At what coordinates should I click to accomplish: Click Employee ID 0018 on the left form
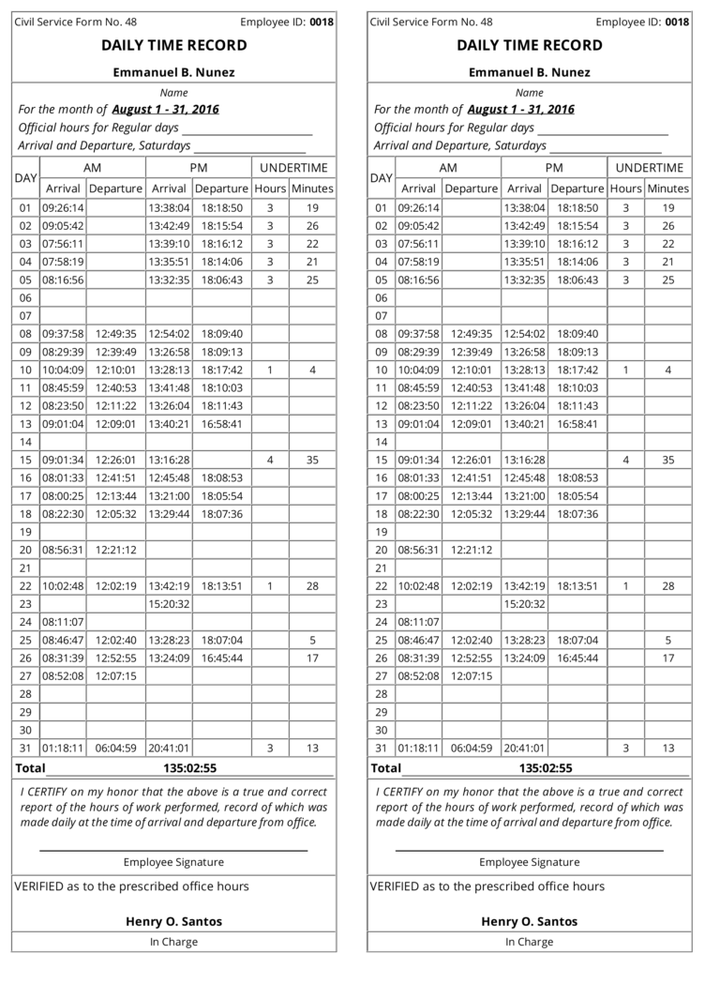click(322, 22)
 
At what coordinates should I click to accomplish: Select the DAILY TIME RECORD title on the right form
click(530, 45)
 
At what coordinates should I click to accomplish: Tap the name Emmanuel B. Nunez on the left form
click(174, 72)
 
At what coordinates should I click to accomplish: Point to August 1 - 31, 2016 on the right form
click(521, 109)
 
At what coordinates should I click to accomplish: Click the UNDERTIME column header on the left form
click(293, 168)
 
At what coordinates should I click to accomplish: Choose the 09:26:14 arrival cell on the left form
click(63, 208)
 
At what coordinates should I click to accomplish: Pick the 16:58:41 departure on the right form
click(577, 424)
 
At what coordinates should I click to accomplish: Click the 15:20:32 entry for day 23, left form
click(169, 604)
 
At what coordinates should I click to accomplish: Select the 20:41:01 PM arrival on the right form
click(524, 749)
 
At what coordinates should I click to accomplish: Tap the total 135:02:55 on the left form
click(190, 768)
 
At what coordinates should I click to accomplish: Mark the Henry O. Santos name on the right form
click(530, 921)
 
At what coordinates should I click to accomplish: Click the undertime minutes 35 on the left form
click(312, 461)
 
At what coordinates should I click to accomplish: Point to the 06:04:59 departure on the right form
click(472, 749)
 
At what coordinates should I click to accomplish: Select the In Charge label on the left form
click(174, 942)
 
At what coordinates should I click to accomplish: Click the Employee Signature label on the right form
click(530, 862)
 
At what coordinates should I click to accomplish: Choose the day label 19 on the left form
click(25, 532)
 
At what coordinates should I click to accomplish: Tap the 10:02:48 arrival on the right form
click(418, 586)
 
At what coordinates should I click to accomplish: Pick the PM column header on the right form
click(554, 168)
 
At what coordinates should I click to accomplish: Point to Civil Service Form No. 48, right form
click(431, 22)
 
